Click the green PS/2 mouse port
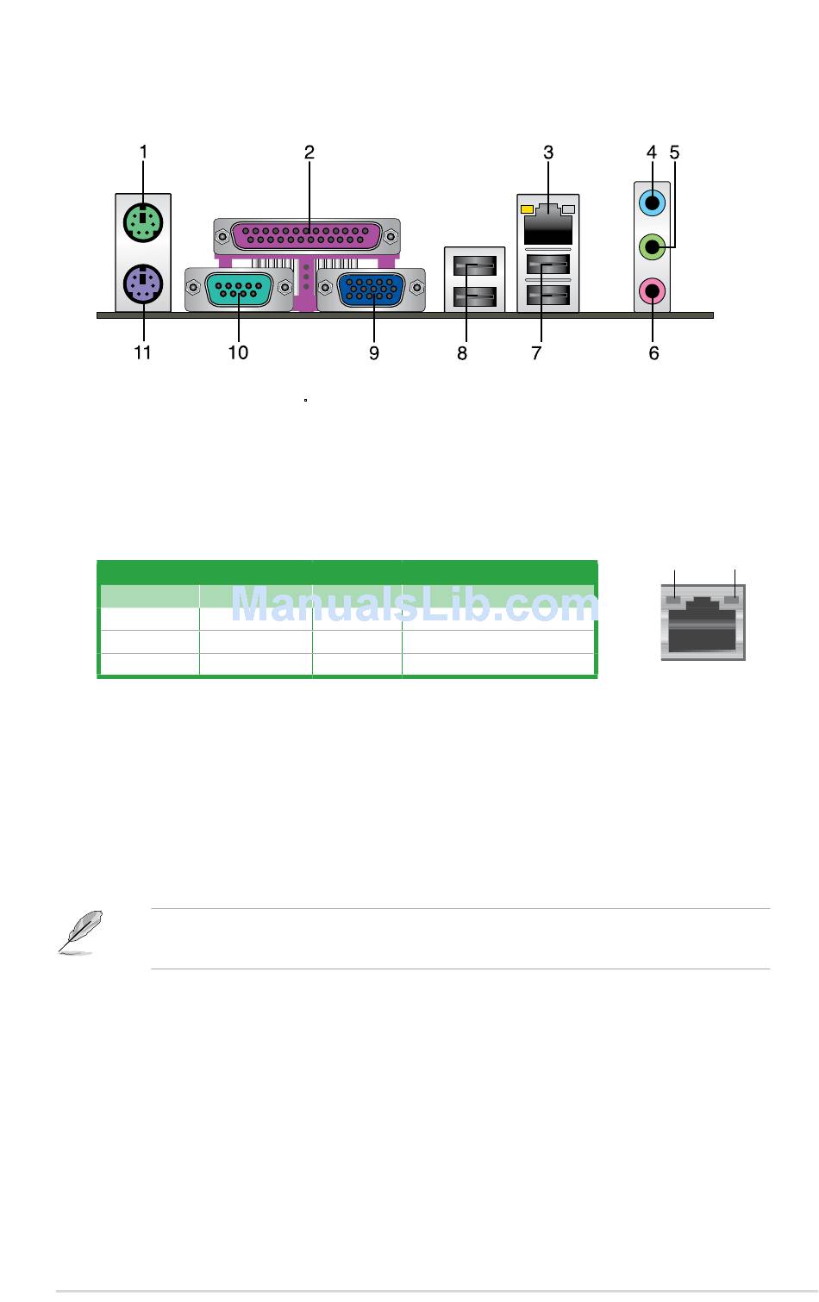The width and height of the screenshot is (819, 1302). click(143, 222)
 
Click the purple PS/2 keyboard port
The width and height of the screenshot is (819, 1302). click(143, 284)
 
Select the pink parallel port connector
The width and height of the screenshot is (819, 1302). click(307, 235)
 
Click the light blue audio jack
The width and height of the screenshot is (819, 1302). click(652, 203)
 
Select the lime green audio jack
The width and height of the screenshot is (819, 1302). click(652, 247)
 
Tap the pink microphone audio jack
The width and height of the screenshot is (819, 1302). click(652, 290)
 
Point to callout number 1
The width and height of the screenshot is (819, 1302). click(144, 153)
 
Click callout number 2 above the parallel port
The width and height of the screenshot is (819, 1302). click(309, 153)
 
